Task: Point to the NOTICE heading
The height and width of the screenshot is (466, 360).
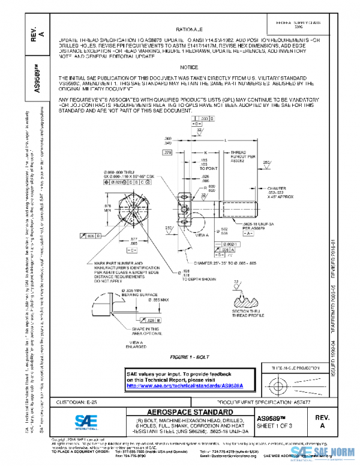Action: click(x=188, y=68)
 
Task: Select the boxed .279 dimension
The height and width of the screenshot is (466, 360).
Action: click(x=167, y=153)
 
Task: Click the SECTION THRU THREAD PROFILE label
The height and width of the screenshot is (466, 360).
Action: click(x=246, y=322)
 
